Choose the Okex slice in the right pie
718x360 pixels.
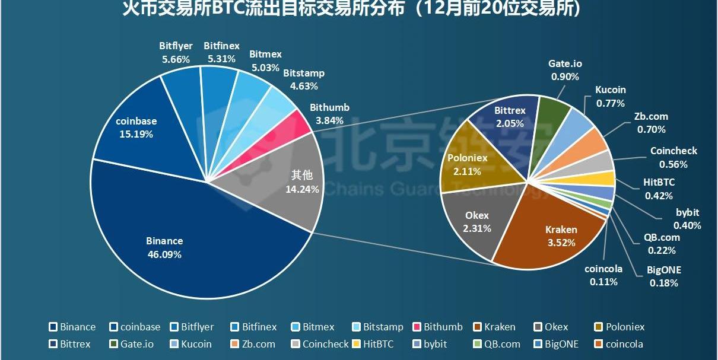tap(475, 219)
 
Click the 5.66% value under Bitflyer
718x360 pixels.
tap(176, 59)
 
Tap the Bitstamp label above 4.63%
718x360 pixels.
tap(304, 74)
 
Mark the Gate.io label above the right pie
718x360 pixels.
tap(565, 64)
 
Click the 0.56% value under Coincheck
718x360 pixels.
tap(673, 165)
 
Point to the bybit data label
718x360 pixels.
tap(687, 212)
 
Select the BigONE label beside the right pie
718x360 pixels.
tap(663, 270)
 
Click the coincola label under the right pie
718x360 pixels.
tap(603, 269)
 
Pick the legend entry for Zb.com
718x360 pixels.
tap(257, 344)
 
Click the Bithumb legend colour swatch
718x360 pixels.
tap(417, 327)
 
